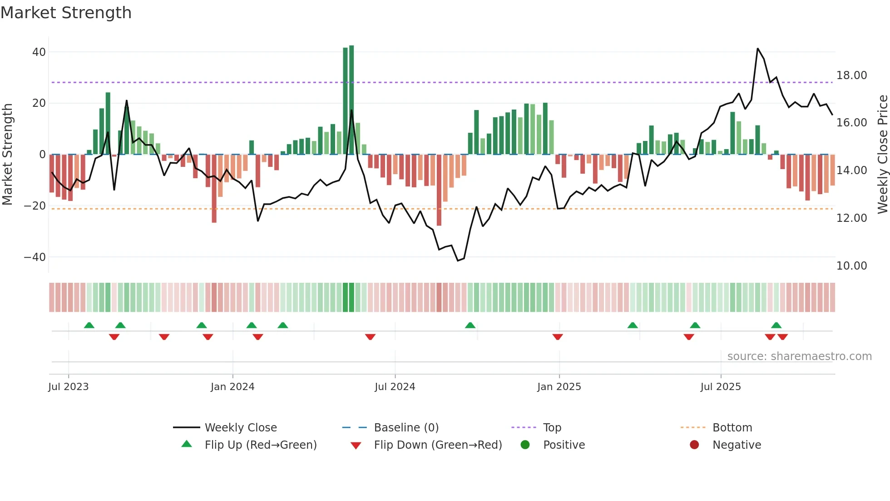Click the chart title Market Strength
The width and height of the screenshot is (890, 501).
tap(66, 13)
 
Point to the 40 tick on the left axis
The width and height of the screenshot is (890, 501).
tap(39, 52)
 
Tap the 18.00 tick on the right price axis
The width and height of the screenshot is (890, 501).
tap(851, 75)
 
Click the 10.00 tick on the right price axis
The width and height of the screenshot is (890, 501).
tap(851, 266)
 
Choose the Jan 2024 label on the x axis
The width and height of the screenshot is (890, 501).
tap(232, 387)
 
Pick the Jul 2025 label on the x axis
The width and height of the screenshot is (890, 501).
tap(721, 387)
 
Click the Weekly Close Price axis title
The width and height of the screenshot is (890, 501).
tap(882, 155)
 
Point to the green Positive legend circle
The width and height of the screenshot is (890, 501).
tap(525, 445)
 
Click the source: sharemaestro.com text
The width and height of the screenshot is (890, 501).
tap(799, 356)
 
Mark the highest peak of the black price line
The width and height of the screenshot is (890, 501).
tap(757, 49)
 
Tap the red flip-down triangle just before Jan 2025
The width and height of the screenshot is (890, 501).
tap(558, 337)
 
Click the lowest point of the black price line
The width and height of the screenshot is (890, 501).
tap(458, 261)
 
